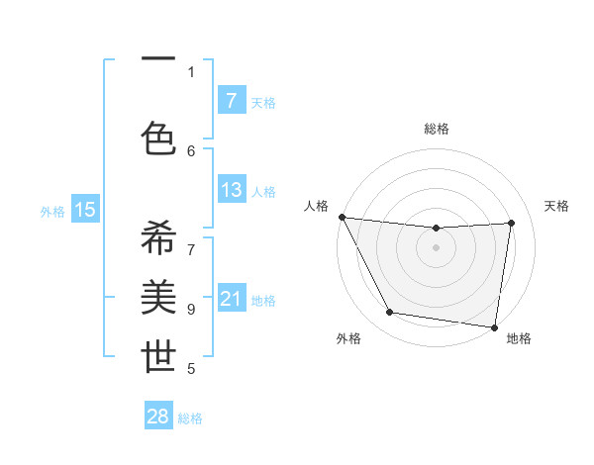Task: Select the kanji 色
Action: (x=158, y=138)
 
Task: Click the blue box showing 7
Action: (x=231, y=101)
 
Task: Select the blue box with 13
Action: (x=231, y=190)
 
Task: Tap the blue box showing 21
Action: (x=231, y=299)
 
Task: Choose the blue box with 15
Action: (x=85, y=210)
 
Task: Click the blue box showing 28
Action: (x=158, y=417)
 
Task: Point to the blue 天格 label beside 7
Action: (x=263, y=102)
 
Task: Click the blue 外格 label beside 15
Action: (x=52, y=211)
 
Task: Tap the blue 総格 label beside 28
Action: (x=190, y=418)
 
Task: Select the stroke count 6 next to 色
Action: (x=191, y=150)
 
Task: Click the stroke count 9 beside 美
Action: (x=191, y=309)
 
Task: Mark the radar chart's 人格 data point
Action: (x=342, y=217)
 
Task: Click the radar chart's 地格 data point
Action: (x=495, y=326)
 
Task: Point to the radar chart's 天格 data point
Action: (x=512, y=223)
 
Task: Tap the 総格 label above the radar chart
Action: (x=436, y=129)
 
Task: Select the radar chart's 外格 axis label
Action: (x=348, y=338)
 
